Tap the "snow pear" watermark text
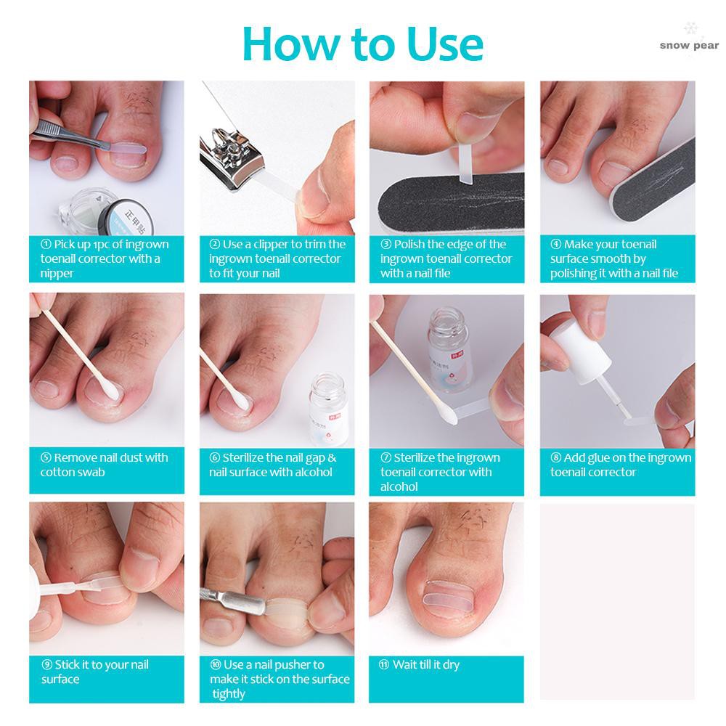pyautogui.click(x=689, y=45)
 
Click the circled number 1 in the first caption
pyautogui.click(x=46, y=244)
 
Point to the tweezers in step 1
pyautogui.click(x=70, y=134)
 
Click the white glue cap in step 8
pyautogui.click(x=584, y=352)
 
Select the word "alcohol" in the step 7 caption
pyautogui.click(x=399, y=486)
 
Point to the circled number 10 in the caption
pyautogui.click(x=216, y=665)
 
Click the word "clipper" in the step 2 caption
pyautogui.click(x=271, y=244)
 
